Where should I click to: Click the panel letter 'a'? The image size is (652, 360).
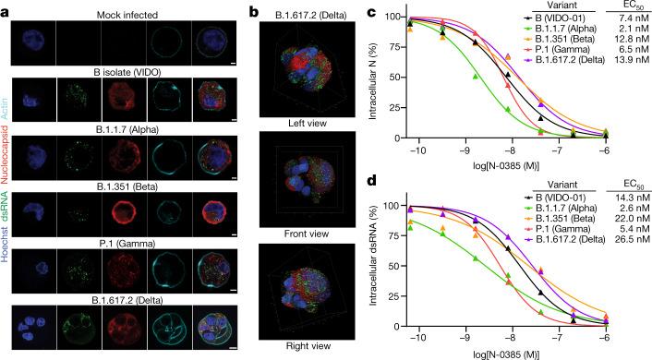pos(6,8)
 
